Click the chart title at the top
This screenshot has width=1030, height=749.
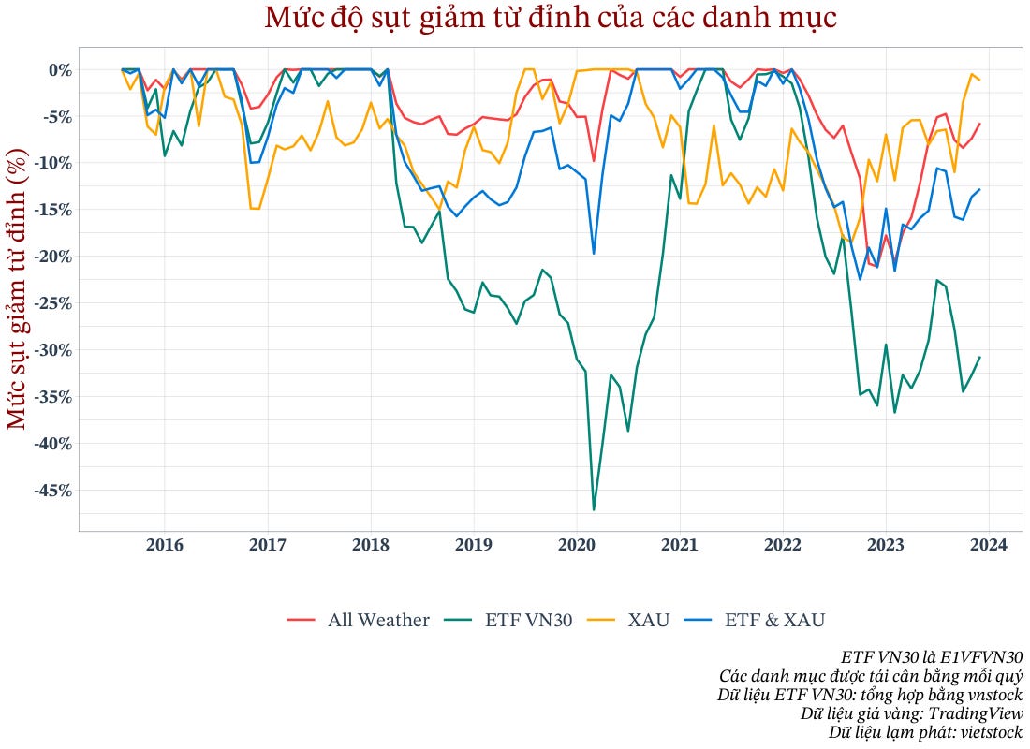(550, 19)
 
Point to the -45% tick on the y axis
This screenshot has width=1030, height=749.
(52, 490)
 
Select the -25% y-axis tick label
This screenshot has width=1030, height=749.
(52, 302)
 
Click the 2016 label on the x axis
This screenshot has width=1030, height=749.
(165, 546)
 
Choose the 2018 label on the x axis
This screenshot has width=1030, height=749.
(371, 546)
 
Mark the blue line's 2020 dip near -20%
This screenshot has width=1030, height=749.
(594, 253)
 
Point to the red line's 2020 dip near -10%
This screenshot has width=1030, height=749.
(594, 161)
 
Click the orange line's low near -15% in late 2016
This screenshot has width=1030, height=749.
(255, 208)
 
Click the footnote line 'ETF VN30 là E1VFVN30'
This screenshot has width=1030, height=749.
(931, 656)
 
